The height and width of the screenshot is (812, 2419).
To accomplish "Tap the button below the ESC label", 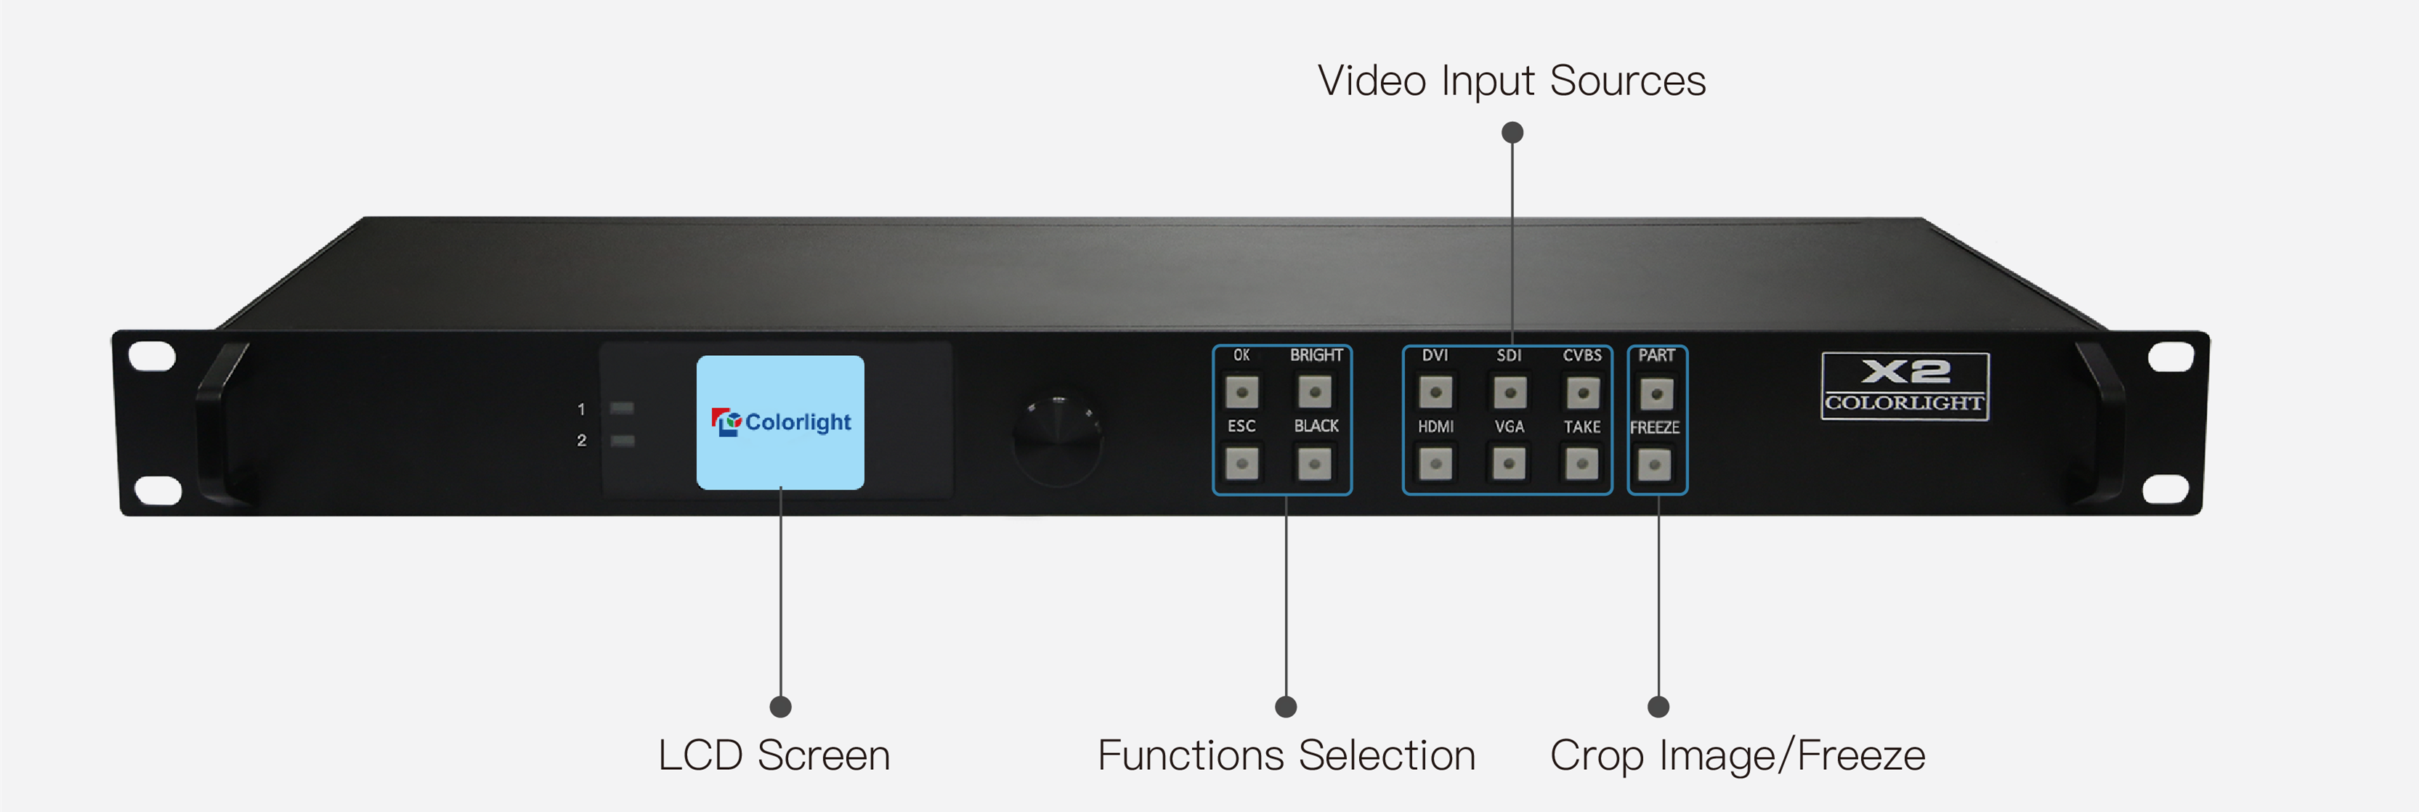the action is coord(1242,463).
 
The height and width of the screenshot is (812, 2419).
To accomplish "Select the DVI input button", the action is coord(1435,391).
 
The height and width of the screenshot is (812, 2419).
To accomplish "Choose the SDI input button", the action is coord(1509,391).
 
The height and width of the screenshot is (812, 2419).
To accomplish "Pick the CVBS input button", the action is coord(1582,392).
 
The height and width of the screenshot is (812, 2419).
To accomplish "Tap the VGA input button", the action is coord(1509,463).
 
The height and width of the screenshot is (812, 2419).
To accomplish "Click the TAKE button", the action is coord(1582,463).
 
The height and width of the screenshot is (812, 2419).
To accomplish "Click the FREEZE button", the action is coord(1655,463).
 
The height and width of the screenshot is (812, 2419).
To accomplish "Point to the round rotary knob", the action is coord(1058,440).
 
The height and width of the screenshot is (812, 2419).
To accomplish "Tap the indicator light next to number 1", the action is coord(622,408).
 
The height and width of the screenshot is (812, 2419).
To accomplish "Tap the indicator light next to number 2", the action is coord(622,440).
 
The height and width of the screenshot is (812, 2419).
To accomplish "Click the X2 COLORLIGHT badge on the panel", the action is coord(1905,386).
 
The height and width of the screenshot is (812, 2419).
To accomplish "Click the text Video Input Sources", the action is coord(1511,81).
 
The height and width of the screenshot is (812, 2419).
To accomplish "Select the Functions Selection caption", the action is coord(1287,755).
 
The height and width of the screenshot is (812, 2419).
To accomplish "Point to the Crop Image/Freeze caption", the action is coord(1737,755).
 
